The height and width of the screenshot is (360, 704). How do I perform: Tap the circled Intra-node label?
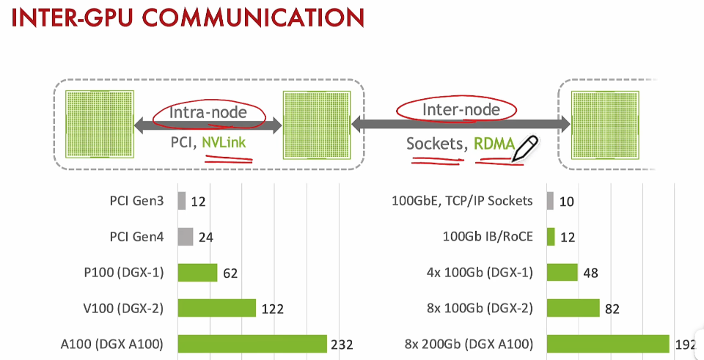coord(208,113)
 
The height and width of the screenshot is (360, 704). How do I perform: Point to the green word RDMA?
coord(494,144)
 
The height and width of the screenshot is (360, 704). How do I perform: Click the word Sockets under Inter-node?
coord(435,144)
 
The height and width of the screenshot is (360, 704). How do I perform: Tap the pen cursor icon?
coord(526,147)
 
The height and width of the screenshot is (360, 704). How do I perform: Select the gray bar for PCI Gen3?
coord(182,201)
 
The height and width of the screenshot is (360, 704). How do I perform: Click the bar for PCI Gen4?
coord(186,236)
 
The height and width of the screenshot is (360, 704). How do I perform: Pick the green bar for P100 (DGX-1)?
coord(197,272)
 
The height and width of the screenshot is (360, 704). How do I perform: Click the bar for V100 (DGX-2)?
coord(217,308)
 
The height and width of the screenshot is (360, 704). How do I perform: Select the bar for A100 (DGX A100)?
coord(252,343)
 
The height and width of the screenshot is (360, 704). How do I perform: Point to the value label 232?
coord(342,344)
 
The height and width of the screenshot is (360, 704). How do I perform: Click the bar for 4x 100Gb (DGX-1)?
coord(563,273)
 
